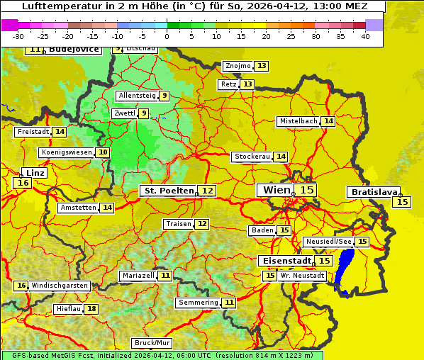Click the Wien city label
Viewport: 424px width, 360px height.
tap(277, 190)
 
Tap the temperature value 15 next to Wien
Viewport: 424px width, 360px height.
tap(306, 190)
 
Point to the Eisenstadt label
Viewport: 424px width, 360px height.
tap(284, 261)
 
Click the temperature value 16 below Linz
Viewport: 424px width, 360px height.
tap(23, 183)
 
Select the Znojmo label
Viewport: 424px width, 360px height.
tap(238, 66)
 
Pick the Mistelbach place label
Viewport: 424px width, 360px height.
tap(298, 121)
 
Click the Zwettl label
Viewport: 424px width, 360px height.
tap(124, 113)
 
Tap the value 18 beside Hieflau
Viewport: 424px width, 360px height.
tap(91, 309)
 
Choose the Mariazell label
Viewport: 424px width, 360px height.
tap(138, 275)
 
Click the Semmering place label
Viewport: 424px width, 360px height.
tap(199, 303)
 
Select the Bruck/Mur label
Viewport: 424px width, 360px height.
tap(152, 343)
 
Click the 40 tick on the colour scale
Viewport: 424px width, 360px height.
tap(365, 36)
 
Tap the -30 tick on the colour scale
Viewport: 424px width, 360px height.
tap(18, 36)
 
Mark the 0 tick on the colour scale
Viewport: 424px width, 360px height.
tap(167, 36)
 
